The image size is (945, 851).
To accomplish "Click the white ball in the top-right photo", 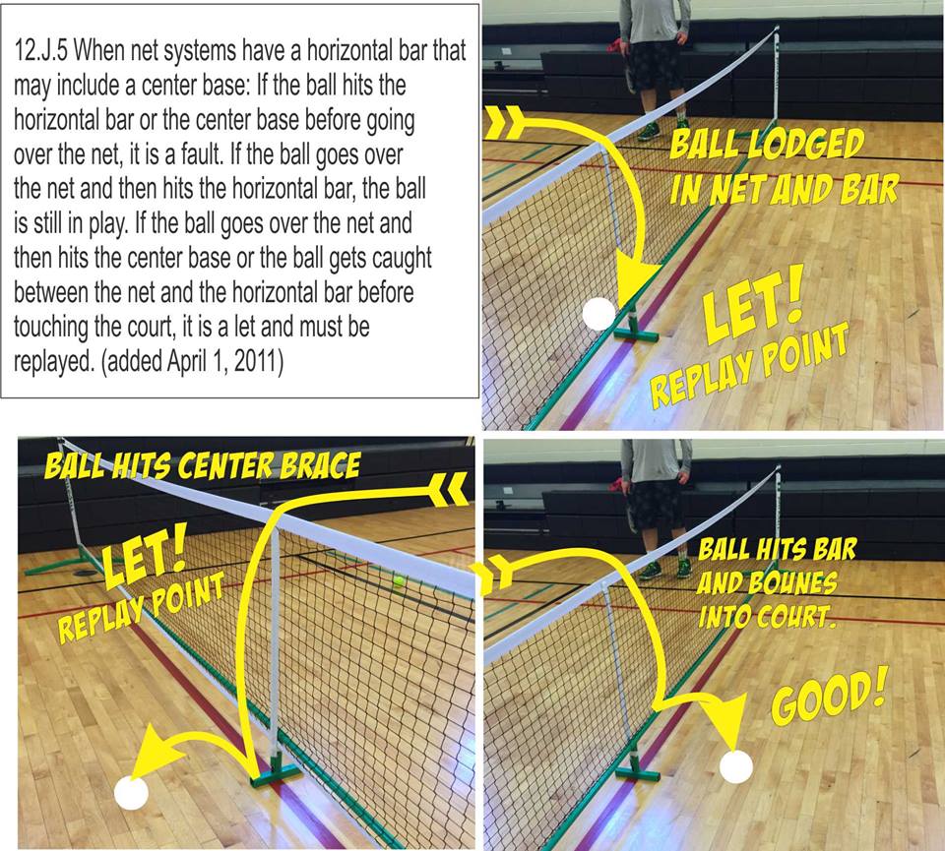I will (598, 314).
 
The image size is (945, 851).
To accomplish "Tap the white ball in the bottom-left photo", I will (130, 792).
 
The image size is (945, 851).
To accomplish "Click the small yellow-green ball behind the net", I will (399, 581).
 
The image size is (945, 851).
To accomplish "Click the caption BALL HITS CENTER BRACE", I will (202, 464).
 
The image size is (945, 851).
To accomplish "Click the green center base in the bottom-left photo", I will (274, 774).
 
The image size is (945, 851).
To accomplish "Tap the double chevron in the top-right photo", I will (504, 124).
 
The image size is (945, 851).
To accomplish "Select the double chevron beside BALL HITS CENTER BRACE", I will (452, 485).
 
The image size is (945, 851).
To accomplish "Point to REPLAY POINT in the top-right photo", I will (748, 366).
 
